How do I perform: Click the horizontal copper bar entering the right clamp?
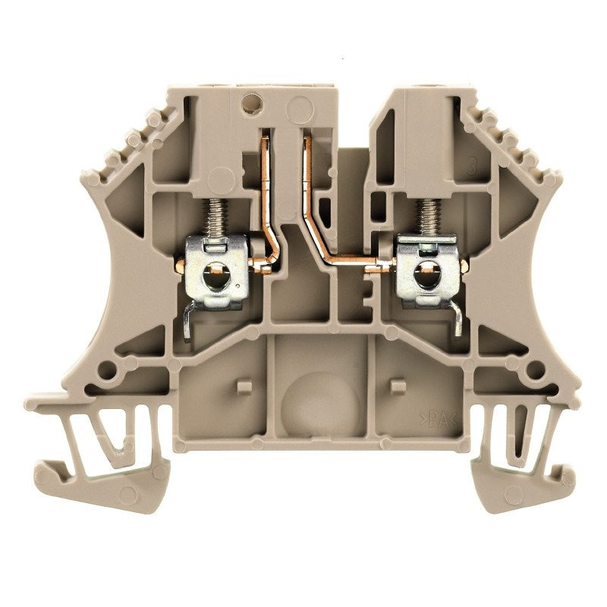click(x=357, y=263)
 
